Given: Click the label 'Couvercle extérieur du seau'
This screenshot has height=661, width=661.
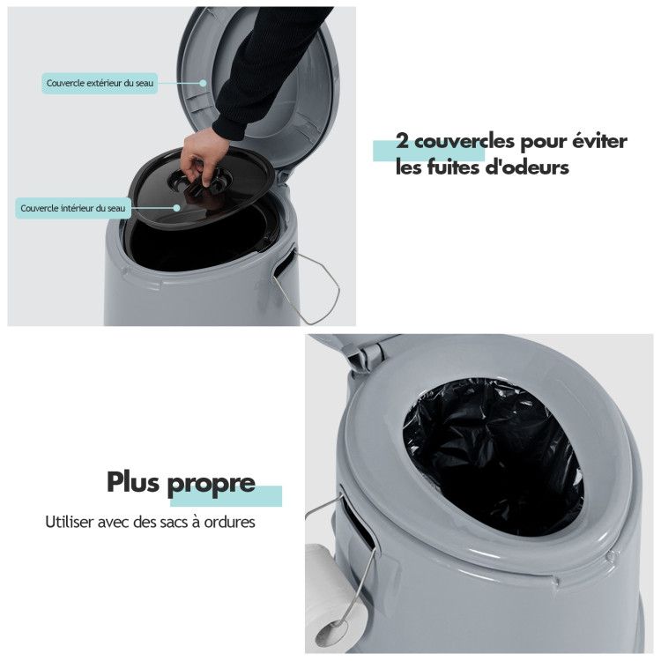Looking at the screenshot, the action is [x=100, y=83].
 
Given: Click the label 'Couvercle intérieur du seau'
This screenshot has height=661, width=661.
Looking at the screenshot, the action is [x=73, y=208].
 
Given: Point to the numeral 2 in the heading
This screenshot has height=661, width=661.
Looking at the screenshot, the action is [x=402, y=142].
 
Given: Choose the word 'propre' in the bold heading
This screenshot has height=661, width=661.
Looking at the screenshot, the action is [x=212, y=485].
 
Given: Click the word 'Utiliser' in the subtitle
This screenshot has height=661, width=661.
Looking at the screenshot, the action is [x=69, y=522].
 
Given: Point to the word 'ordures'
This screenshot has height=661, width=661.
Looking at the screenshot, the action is [x=229, y=523].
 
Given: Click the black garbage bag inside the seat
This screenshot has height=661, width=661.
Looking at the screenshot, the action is [x=494, y=456].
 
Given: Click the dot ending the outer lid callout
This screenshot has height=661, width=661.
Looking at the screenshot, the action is [x=203, y=83].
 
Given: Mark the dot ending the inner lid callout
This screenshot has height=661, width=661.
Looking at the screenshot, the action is [x=177, y=208].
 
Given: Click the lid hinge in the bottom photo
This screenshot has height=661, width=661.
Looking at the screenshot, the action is [x=366, y=353].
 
